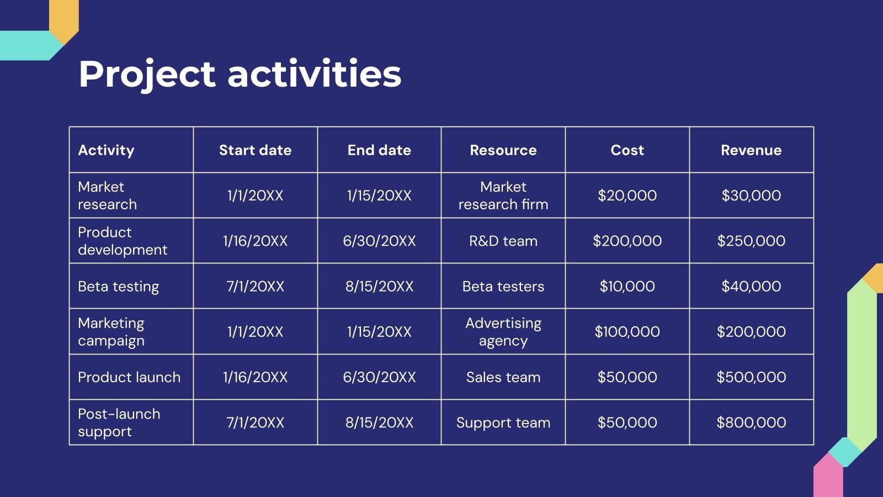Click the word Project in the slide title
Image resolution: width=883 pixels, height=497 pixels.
(x=147, y=75)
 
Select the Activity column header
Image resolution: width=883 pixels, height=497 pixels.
(x=106, y=150)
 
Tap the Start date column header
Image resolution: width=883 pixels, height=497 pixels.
(x=255, y=150)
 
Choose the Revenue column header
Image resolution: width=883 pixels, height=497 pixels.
(x=751, y=150)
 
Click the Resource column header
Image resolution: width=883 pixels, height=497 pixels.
(x=503, y=150)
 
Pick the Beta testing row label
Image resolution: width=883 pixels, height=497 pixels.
(x=118, y=287)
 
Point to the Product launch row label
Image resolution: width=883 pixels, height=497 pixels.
(x=129, y=378)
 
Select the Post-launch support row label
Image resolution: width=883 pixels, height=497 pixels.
(x=119, y=423)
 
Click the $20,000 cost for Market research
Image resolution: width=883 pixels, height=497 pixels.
(x=627, y=195)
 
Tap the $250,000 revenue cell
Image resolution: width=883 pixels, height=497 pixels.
(x=751, y=241)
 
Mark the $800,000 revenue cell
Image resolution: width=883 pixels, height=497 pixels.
(x=751, y=423)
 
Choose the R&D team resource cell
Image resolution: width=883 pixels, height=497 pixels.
(x=503, y=241)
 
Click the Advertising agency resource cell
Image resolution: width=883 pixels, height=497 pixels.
(x=503, y=332)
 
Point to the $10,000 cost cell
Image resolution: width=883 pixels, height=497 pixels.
(x=627, y=287)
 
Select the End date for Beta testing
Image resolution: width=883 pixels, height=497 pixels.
(x=379, y=287)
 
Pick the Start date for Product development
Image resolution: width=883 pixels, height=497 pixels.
(x=255, y=241)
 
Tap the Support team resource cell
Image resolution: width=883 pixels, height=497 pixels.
(x=503, y=423)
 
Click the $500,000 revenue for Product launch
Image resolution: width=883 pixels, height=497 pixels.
(x=751, y=378)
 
